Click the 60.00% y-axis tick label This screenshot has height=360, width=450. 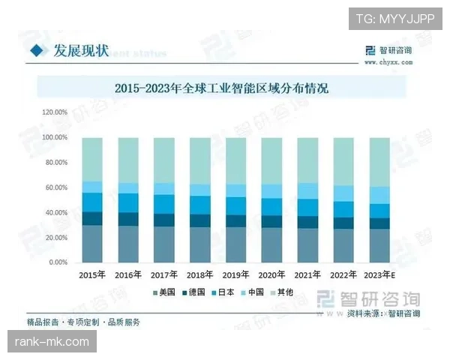pyautogui.click(x=55, y=187)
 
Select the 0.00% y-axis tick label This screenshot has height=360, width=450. pyautogui.click(x=58, y=262)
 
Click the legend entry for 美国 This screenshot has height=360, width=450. pyautogui.click(x=166, y=292)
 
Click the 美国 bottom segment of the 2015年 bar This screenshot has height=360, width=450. pyautogui.click(x=92, y=244)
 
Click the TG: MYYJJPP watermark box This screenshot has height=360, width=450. pyautogui.click(x=395, y=17)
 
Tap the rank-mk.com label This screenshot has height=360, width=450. pyautogui.click(x=52, y=341)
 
